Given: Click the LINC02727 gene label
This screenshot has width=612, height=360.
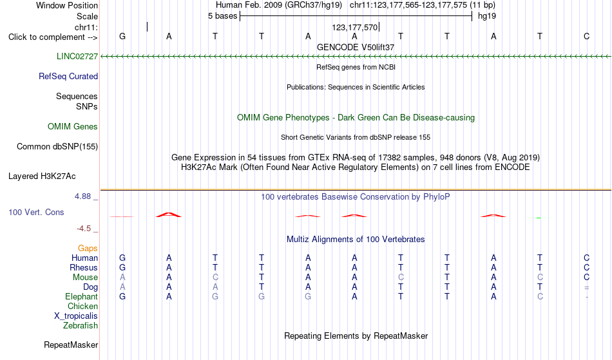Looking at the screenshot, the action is point(77,56).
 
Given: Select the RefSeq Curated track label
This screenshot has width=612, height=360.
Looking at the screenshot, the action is point(68,76).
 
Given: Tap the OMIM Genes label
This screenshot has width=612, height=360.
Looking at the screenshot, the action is point(73,126).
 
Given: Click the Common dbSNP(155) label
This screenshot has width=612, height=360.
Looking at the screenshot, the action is point(57,146).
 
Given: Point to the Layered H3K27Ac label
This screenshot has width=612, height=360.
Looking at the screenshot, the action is point(42,176).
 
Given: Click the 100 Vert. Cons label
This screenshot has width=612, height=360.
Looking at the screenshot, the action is point(36,212).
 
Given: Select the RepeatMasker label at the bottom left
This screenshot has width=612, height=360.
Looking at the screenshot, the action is point(71,345).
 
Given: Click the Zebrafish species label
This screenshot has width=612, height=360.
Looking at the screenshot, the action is point(81,325).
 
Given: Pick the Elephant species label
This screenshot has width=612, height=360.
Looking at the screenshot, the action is point(82,296).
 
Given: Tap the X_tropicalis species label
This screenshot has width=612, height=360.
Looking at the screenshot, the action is point(76,316).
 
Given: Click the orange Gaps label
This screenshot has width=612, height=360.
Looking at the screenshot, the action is point(88,248).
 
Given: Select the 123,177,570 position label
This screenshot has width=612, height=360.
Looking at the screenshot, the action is point(355,27).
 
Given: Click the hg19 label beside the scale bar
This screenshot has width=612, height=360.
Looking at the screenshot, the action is point(487,16).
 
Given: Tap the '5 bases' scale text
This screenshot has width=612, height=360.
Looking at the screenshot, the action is point(222,16).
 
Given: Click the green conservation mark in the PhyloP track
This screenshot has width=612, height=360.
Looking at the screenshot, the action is point(539,218).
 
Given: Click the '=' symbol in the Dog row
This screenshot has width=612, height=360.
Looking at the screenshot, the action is point(587,287).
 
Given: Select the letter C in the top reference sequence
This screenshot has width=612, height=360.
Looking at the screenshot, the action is point(587,36).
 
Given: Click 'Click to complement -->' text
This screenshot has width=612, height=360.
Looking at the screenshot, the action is point(53,37).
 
